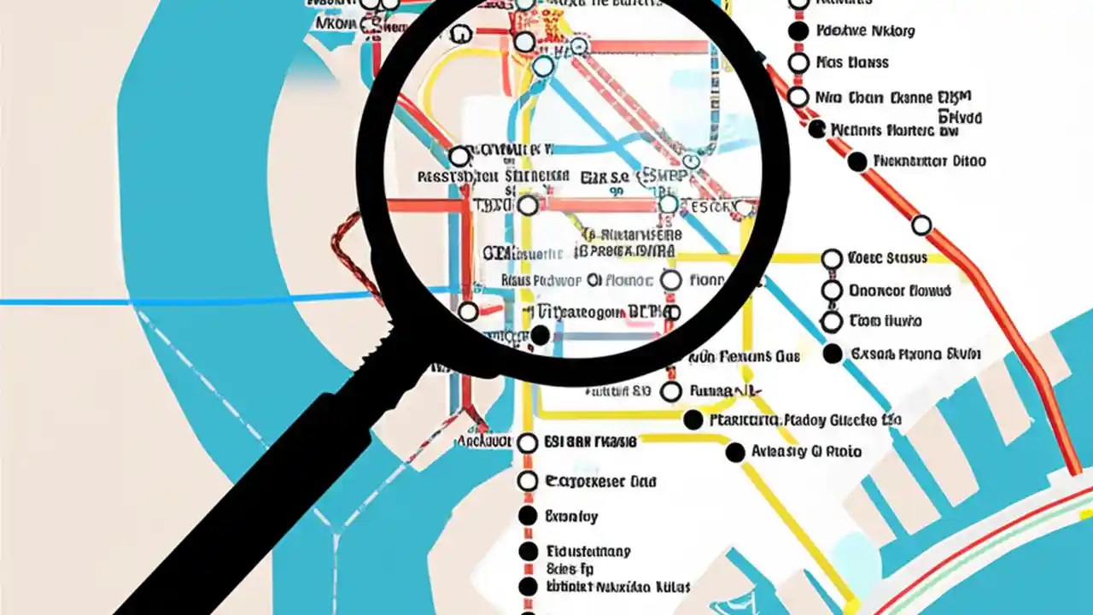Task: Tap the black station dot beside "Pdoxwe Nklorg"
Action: tap(798, 32)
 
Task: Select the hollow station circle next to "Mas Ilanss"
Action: tap(798, 62)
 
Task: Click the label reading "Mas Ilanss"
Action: tap(852, 62)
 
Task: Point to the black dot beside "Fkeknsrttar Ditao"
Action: tap(857, 161)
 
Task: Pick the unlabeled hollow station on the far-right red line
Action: tap(921, 225)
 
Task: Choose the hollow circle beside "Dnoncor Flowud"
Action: tap(832, 290)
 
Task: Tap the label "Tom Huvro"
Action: tap(886, 322)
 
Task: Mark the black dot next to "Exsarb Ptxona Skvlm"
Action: tap(832, 354)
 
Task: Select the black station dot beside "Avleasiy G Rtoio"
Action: tap(734, 453)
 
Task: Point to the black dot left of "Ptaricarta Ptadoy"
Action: tap(693, 420)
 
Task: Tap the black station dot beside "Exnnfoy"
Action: tap(528, 516)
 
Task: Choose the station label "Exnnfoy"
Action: tap(571, 517)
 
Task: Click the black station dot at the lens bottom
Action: tap(540, 336)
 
